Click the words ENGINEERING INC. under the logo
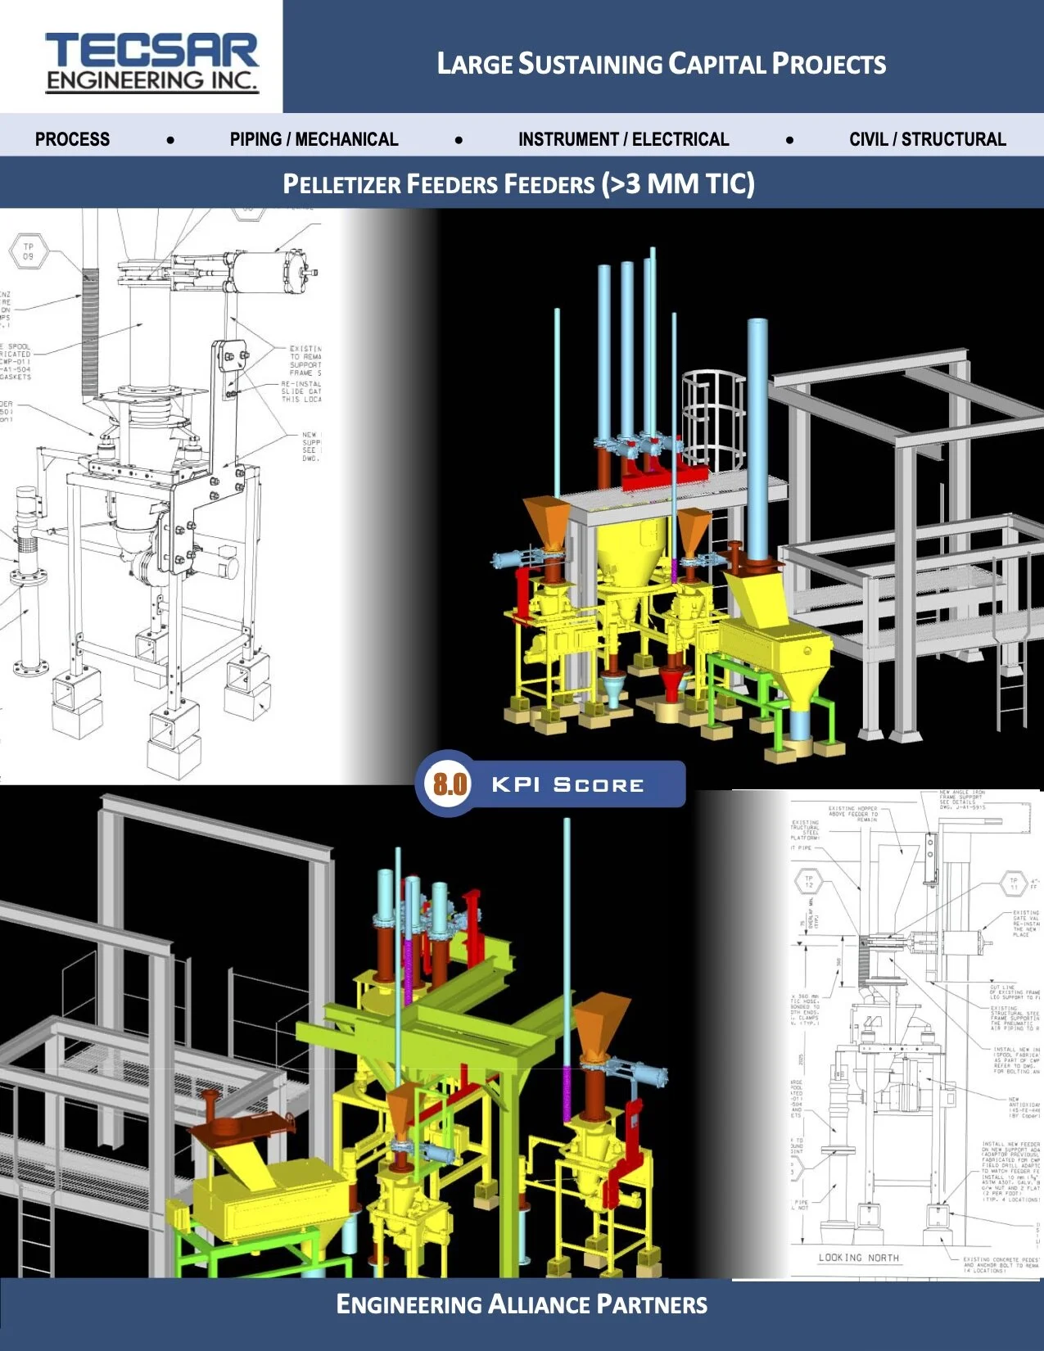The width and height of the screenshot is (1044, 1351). [x=151, y=80]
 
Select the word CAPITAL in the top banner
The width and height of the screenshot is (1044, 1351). [x=717, y=64]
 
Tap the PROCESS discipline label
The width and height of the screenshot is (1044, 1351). [x=72, y=139]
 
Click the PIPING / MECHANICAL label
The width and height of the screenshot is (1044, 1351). [x=314, y=139]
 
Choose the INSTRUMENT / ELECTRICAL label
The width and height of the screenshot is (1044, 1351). [x=623, y=139]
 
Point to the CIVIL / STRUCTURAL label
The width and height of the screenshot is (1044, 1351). [x=927, y=139]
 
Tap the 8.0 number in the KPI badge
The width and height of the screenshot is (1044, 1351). [x=450, y=784]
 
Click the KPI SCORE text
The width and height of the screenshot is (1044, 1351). [x=567, y=784]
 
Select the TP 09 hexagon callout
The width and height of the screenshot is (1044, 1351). [x=28, y=251]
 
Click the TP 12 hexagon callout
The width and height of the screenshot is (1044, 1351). [x=809, y=882]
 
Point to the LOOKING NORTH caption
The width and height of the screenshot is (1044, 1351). [x=858, y=1257]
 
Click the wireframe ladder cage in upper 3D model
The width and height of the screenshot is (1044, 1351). [x=712, y=418]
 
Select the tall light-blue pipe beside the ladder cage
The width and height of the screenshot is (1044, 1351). [x=757, y=434]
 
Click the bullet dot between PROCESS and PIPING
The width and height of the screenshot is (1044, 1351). [x=170, y=140]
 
